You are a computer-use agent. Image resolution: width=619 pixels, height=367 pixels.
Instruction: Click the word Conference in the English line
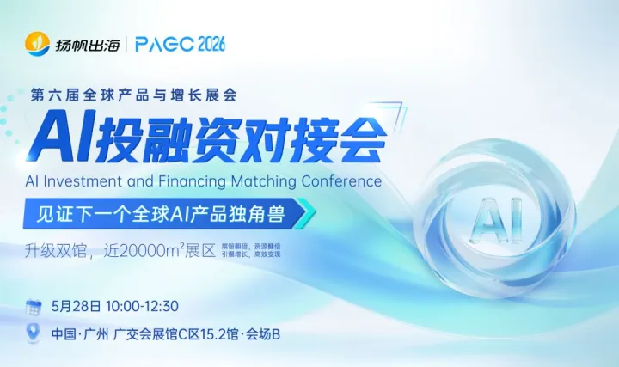pos(338,181)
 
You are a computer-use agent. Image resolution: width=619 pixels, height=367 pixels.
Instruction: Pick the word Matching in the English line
pos(256,181)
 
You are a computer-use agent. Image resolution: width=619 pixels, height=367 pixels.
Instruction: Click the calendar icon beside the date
pos(34,306)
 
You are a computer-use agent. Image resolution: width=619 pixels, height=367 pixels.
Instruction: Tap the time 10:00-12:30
pos(144,306)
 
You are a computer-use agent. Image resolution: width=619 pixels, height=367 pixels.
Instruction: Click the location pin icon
pos(34,332)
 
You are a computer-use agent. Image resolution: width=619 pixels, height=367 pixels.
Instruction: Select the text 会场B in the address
pos(263,333)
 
